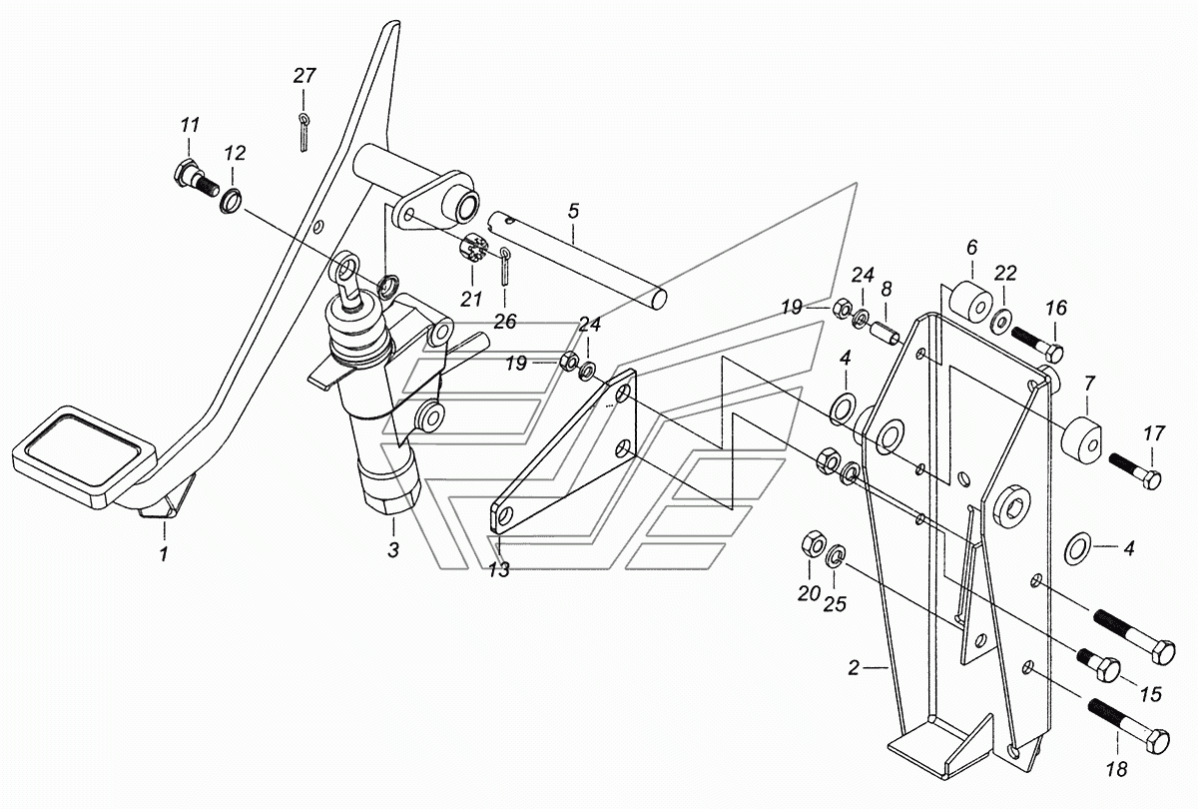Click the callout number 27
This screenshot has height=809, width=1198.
tap(303, 75)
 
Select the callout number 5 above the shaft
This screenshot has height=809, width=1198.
tap(573, 211)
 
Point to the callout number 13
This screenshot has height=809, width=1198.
tap(498, 570)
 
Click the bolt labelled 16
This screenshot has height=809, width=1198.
tap(1037, 342)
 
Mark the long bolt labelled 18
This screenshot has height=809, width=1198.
tap(1128, 726)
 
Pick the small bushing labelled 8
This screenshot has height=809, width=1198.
tap(884, 331)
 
